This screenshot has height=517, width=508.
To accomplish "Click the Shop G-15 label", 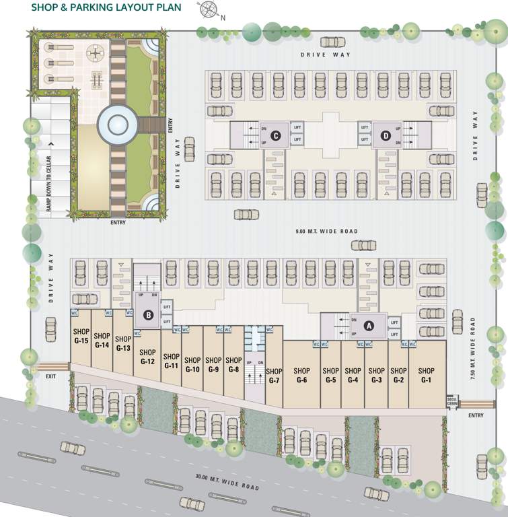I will click(x=81, y=336).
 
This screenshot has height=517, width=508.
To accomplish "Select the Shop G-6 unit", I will click(x=301, y=375).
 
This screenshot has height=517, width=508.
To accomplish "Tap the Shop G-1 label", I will click(x=426, y=375).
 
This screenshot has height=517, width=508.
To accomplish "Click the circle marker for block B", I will click(x=149, y=314).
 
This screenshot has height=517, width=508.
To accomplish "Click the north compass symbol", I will click(x=207, y=10).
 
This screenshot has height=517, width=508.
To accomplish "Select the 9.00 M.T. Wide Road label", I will click(x=326, y=232).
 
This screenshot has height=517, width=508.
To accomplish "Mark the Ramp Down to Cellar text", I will click(x=48, y=183).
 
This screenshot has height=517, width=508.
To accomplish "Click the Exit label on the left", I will click(x=50, y=376).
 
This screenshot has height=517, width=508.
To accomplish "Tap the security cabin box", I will click(x=451, y=402).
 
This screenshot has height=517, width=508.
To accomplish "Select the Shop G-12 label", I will click(x=148, y=357).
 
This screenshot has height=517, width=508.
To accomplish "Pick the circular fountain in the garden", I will click(x=117, y=124).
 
